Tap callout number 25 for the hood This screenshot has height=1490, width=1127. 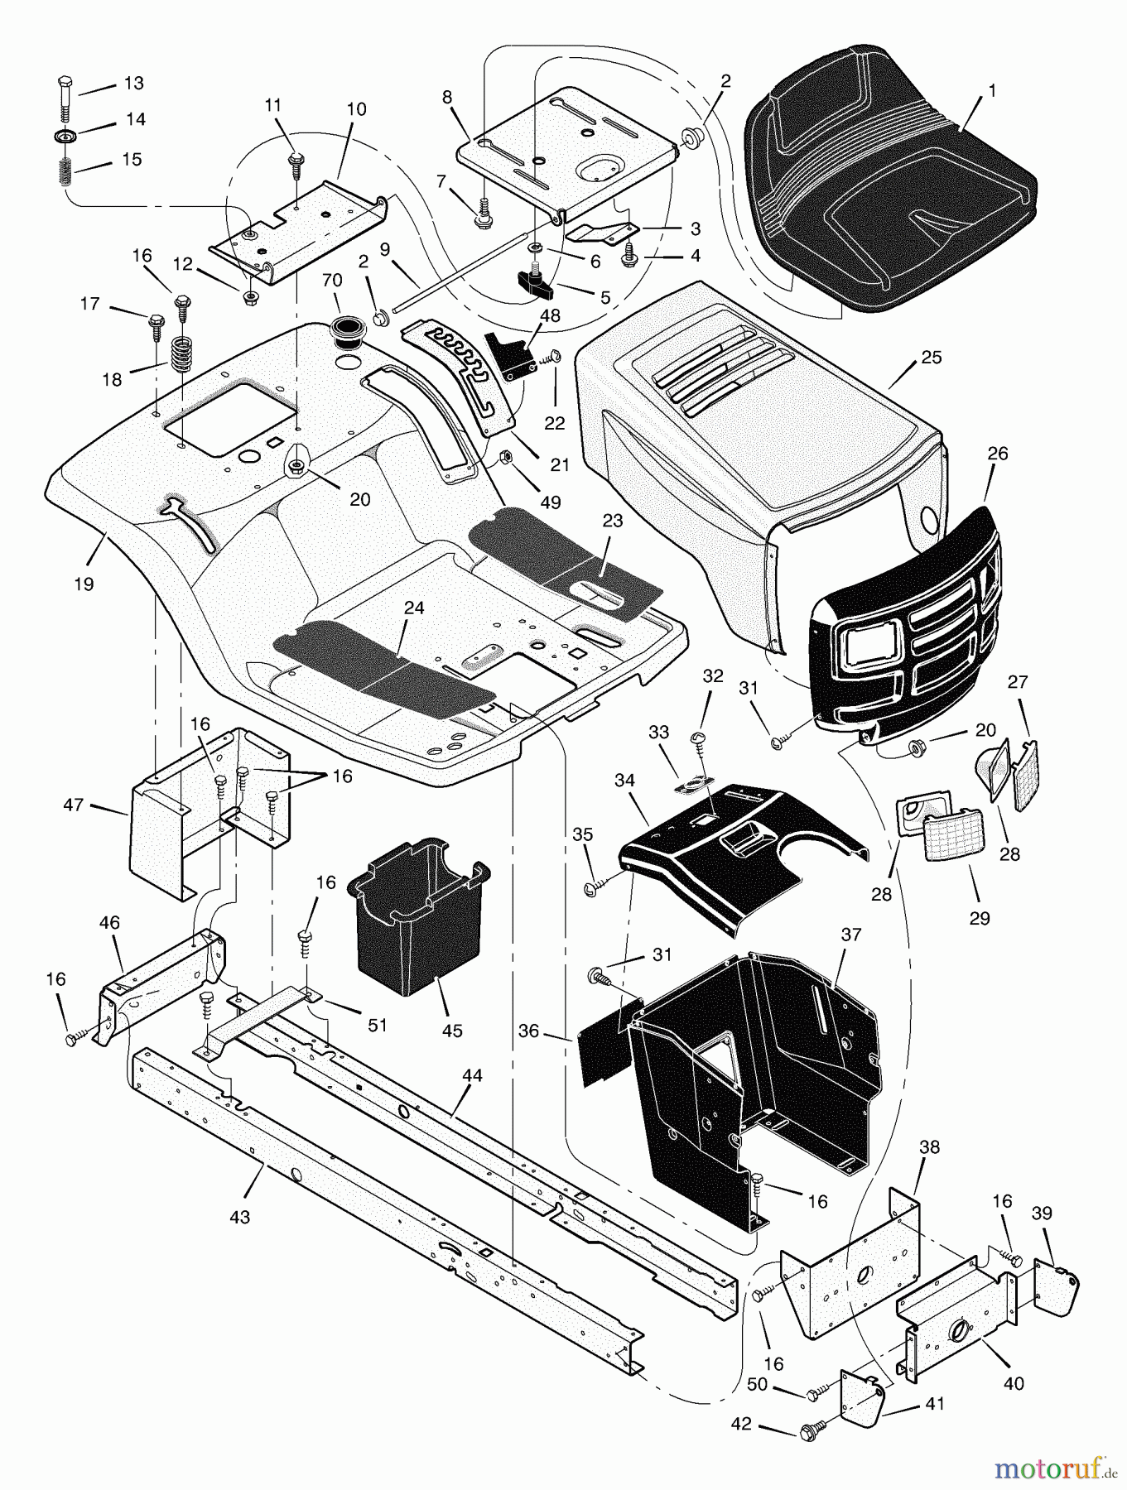[931, 358]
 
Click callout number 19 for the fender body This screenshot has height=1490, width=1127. [83, 584]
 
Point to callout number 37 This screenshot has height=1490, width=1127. [850, 935]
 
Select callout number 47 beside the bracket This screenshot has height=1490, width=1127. [73, 804]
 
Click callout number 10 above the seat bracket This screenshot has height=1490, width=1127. [356, 109]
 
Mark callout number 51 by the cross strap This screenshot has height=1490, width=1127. [378, 1025]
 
